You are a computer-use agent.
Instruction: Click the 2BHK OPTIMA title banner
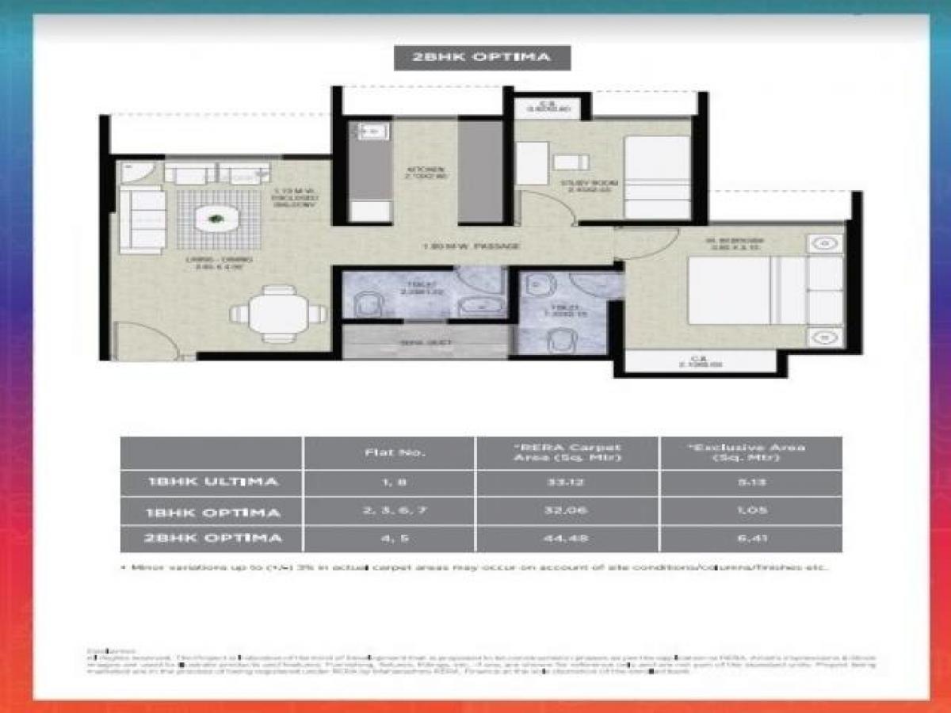click(483, 58)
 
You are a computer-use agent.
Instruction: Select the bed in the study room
click(657, 177)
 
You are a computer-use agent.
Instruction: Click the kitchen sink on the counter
click(369, 132)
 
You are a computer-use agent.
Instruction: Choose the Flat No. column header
click(389, 452)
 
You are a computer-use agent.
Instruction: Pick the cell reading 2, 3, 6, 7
click(389, 511)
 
